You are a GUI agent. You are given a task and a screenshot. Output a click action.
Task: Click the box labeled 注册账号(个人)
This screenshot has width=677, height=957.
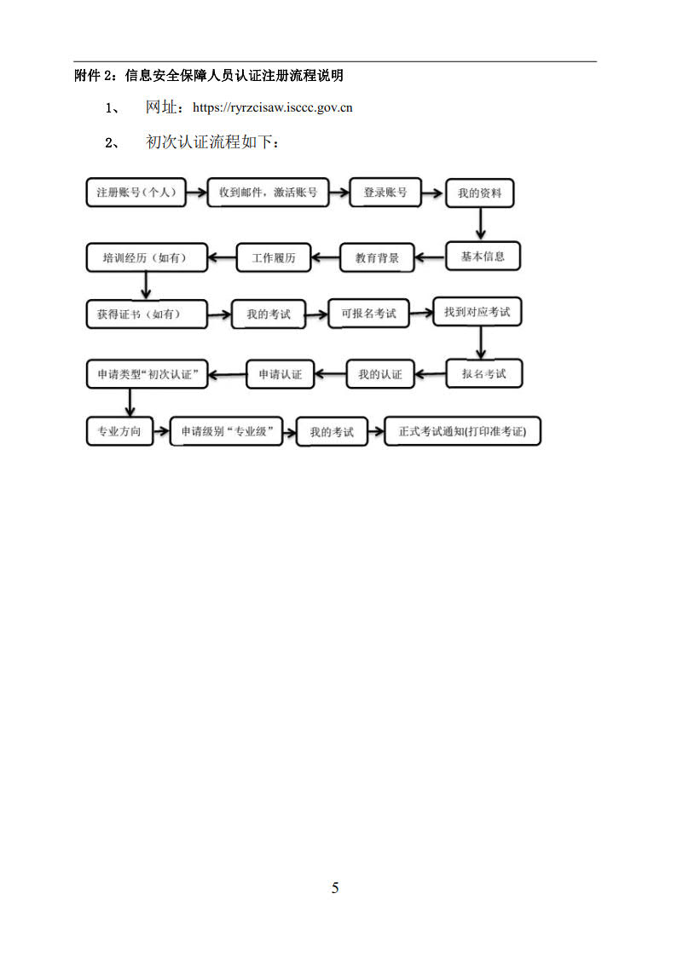(136, 193)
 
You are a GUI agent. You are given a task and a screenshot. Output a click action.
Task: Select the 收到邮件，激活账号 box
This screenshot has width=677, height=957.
(268, 193)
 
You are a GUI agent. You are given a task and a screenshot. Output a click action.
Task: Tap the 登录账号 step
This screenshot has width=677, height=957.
(385, 193)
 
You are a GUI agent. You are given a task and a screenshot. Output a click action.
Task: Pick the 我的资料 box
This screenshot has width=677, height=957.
(480, 193)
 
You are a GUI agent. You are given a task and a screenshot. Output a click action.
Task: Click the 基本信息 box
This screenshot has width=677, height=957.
(483, 257)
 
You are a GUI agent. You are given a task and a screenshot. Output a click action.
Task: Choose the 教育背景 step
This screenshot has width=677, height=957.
(377, 257)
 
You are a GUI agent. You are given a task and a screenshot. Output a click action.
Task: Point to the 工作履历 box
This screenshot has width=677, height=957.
(274, 257)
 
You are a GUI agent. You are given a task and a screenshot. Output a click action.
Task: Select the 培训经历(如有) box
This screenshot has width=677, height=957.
(147, 257)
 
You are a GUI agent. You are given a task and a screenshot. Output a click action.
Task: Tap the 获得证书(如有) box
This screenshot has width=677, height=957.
(147, 314)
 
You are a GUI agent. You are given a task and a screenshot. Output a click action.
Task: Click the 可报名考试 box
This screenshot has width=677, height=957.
(368, 313)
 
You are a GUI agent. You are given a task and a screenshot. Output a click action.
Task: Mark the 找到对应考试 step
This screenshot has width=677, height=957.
(477, 312)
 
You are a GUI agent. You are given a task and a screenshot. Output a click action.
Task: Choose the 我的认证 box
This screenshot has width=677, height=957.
(379, 374)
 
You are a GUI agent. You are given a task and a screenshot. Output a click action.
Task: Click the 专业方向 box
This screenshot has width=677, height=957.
(119, 431)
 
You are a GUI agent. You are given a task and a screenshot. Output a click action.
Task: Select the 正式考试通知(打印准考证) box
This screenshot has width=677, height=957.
(463, 431)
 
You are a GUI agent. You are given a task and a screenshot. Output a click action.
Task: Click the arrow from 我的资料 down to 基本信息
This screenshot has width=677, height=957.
(480, 224)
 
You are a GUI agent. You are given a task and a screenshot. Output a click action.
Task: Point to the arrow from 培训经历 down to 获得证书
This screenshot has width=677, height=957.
(145, 285)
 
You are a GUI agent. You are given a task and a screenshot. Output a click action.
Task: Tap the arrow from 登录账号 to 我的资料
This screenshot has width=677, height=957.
(432, 193)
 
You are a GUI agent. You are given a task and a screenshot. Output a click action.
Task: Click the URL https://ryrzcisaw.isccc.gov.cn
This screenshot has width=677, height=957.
(273, 107)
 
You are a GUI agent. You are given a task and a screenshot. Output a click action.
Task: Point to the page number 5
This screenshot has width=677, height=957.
(335, 888)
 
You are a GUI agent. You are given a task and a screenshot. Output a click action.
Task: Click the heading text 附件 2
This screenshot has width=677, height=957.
(94, 76)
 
